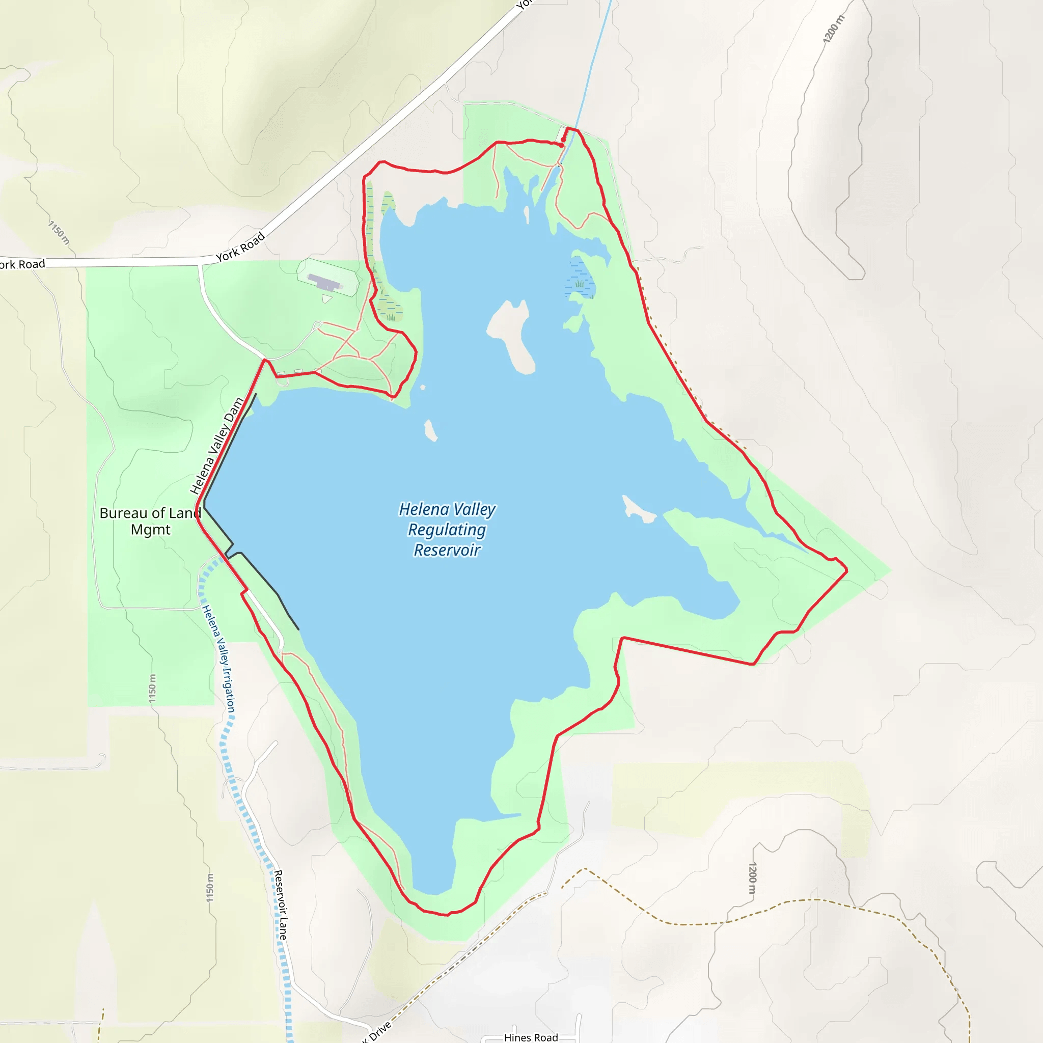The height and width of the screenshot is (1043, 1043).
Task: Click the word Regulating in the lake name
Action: tap(447, 530)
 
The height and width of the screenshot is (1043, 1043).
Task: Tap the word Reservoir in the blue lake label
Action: tap(447, 550)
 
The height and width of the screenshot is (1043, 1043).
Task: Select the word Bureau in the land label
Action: tap(124, 513)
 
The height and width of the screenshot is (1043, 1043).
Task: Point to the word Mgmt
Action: tap(150, 530)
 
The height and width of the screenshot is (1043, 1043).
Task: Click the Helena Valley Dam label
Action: tap(216, 447)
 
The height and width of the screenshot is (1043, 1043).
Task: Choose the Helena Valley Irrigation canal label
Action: tap(218, 658)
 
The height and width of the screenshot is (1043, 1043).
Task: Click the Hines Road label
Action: tap(531, 1037)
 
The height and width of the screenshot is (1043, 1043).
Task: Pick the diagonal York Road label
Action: tap(240, 246)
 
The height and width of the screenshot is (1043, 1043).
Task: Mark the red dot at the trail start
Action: tap(562, 145)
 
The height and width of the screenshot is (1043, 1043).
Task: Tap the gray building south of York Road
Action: tap(325, 282)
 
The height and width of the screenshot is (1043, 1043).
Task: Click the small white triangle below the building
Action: tap(326, 298)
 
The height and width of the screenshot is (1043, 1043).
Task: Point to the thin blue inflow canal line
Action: tap(591, 70)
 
